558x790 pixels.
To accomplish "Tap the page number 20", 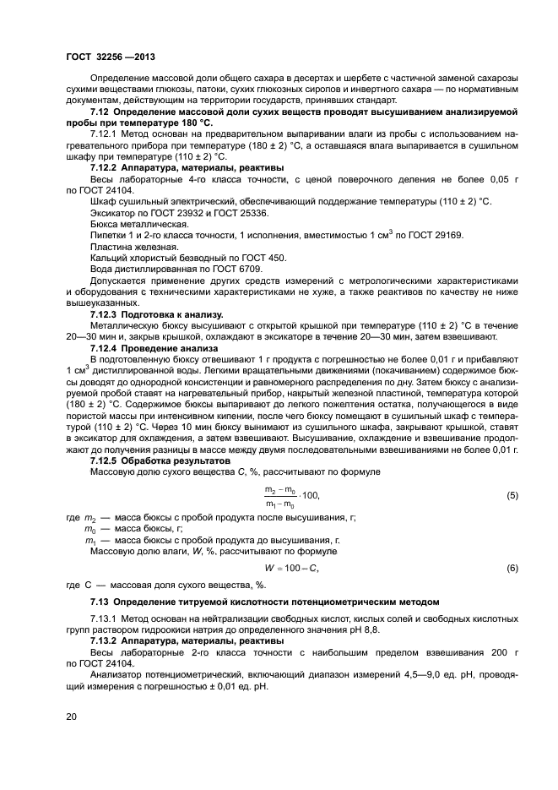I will (72, 716).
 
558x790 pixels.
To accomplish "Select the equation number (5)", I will (512, 496).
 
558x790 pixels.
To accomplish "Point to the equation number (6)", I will (512, 569).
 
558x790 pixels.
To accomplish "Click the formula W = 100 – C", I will (291, 569).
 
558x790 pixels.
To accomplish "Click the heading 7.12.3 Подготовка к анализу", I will (155, 313).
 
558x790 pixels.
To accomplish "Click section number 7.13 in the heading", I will (100, 602).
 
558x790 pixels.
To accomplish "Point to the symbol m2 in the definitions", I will (90, 517).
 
